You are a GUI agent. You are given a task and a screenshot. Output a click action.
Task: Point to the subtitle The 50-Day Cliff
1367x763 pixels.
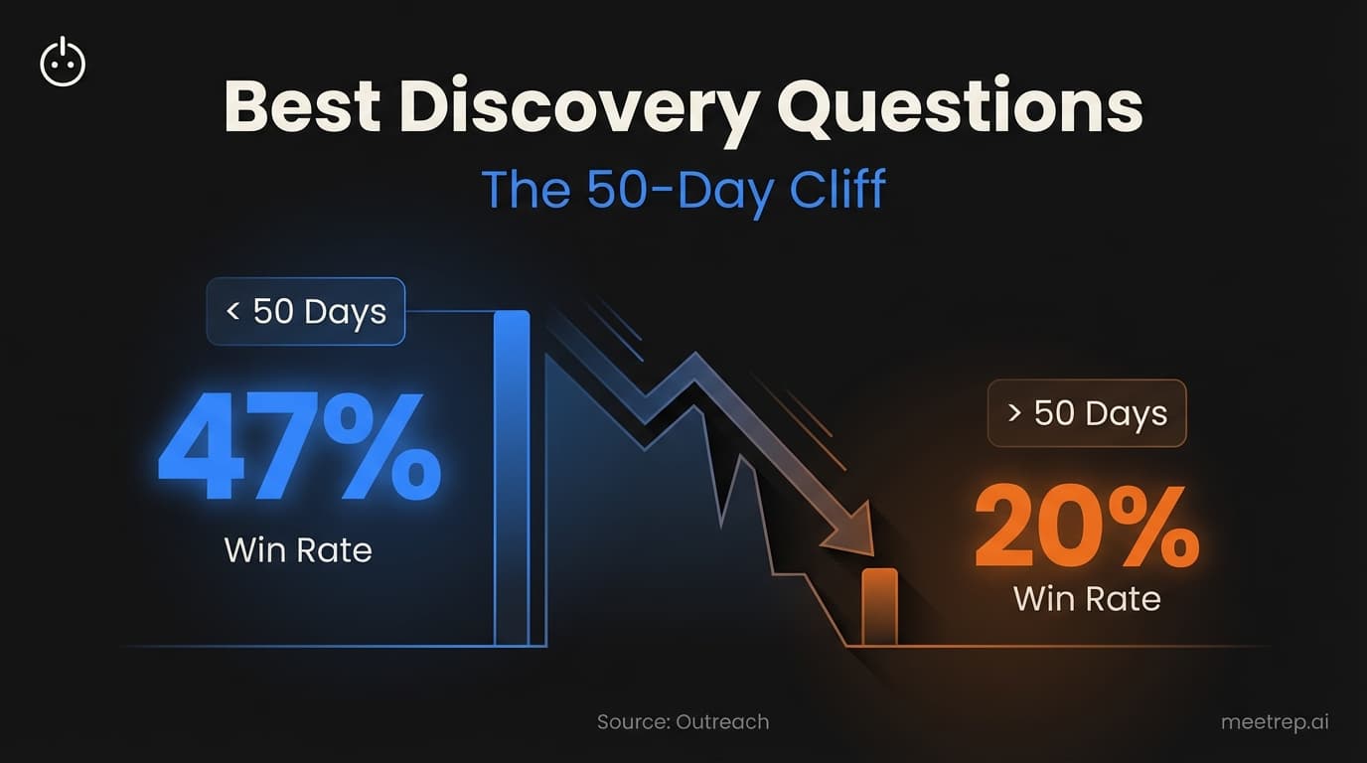tap(683, 189)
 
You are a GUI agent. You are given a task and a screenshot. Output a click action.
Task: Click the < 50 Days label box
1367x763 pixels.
tap(305, 311)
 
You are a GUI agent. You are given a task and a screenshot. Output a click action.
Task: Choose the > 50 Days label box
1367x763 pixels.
tap(1086, 412)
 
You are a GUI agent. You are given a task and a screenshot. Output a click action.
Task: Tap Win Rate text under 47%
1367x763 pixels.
tap(298, 549)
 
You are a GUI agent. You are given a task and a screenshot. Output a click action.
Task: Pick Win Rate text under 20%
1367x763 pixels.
tap(1086, 598)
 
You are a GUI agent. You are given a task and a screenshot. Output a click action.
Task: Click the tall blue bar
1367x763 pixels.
tap(512, 477)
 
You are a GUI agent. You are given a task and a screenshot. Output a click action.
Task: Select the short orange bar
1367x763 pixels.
tap(878, 606)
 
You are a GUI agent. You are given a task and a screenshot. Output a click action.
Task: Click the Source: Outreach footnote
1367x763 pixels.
tap(683, 722)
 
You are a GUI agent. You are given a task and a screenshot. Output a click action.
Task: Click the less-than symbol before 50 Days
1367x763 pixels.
tap(232, 312)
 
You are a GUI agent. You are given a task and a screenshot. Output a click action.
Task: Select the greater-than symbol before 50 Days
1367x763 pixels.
tap(1013, 413)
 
